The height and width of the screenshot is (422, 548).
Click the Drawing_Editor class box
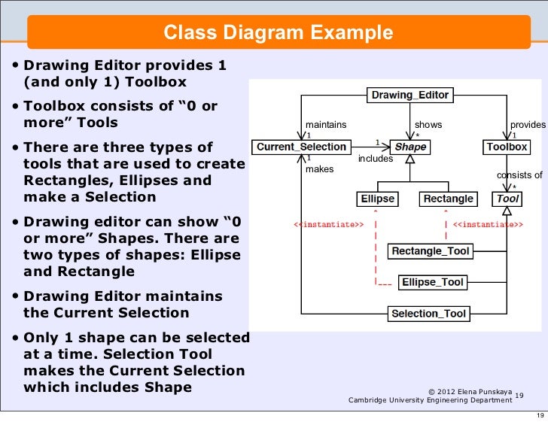point(409,96)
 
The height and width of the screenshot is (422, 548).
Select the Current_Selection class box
point(301,147)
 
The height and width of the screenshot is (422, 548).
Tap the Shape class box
point(410,147)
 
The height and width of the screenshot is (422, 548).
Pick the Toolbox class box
point(507,147)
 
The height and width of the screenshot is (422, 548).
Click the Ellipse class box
point(378,199)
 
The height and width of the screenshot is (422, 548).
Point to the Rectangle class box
point(448,199)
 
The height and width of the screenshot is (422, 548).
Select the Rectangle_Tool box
point(431,251)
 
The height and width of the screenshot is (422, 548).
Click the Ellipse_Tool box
point(433,282)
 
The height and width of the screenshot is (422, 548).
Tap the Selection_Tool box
point(429,314)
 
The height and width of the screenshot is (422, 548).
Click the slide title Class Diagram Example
point(279,33)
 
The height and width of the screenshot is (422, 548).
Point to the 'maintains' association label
point(325,125)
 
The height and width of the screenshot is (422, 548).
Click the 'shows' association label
point(428,125)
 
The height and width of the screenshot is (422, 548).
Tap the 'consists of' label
point(519,175)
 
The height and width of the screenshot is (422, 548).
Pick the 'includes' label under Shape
point(375,159)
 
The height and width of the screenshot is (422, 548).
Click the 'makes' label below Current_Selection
point(319,169)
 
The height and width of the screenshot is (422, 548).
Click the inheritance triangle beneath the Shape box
point(410,159)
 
